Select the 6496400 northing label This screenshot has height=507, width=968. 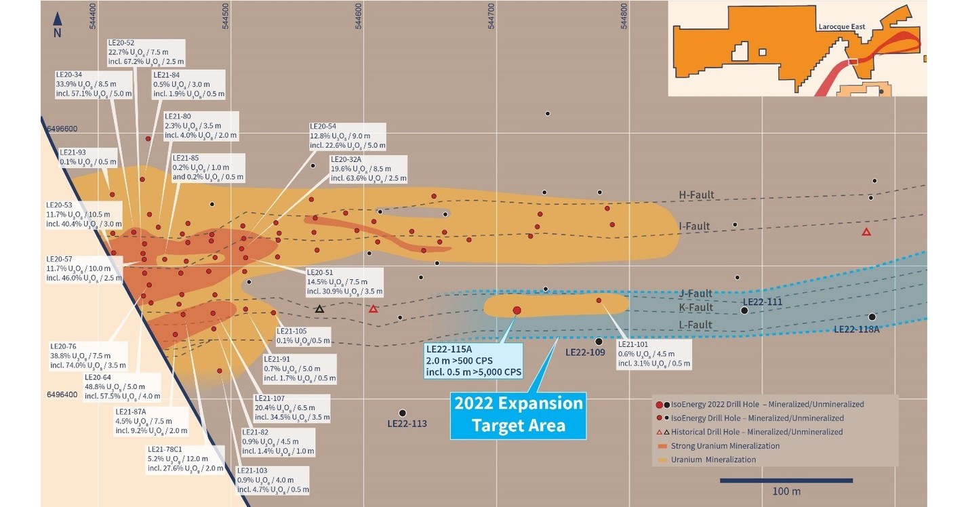[62, 394]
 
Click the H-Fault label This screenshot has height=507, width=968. [696, 195]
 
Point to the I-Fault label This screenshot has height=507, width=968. [695, 226]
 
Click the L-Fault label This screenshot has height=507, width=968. [695, 325]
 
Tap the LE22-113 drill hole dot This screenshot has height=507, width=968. [403, 413]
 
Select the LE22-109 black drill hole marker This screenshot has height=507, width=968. [599, 342]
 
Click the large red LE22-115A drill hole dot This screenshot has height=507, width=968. [517, 310]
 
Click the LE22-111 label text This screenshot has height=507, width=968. [763, 302]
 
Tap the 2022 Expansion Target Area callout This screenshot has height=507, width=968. [519, 415]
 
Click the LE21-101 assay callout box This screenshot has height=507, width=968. [653, 354]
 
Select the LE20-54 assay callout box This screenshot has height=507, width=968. [347, 136]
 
